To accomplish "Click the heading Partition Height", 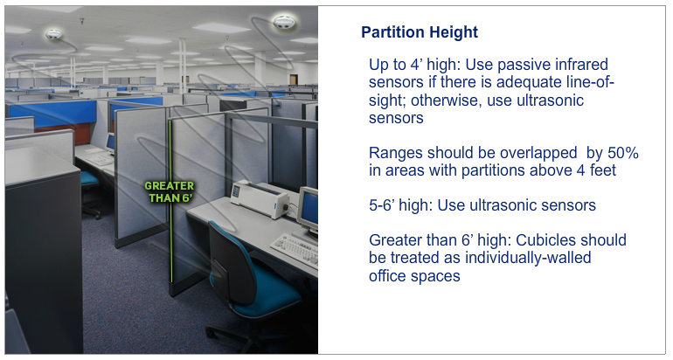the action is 420,32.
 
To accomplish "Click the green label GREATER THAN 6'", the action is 170,192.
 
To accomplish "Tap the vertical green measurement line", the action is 170,201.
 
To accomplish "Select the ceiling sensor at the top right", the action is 285,22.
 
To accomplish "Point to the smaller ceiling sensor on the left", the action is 54,34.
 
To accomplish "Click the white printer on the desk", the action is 260,198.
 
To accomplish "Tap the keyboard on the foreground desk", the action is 295,249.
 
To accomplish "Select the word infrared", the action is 581,65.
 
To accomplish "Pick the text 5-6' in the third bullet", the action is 382,205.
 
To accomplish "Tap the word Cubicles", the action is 543,240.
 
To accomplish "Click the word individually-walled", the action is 528,258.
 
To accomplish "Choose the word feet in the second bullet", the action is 602,170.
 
